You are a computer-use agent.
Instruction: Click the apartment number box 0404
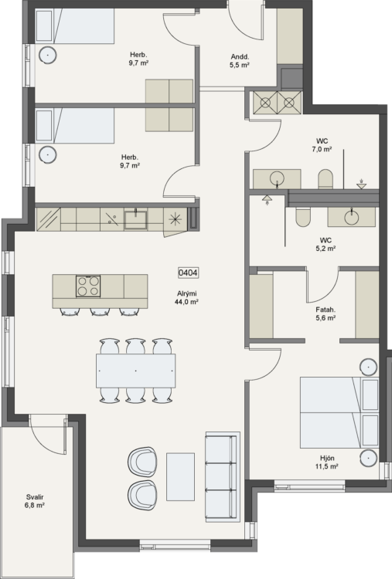[188, 273]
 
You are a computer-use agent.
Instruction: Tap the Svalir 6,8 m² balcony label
[35, 501]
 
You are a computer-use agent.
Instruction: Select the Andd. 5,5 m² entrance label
[240, 61]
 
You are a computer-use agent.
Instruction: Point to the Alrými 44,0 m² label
[187, 298]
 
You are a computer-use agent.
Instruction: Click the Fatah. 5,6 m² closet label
[326, 314]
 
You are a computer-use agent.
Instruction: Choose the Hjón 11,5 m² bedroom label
[327, 462]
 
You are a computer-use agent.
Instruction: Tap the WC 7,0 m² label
[322, 145]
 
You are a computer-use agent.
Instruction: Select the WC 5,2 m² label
[326, 245]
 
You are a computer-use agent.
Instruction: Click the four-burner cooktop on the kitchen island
[88, 286]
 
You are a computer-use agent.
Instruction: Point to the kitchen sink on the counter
[136, 219]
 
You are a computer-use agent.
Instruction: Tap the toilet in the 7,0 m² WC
[326, 179]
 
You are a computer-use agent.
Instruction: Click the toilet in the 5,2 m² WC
[303, 217]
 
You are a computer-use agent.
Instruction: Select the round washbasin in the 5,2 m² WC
[351, 217]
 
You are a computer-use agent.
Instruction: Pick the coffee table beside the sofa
[180, 476]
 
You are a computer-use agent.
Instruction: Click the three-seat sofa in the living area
[223, 477]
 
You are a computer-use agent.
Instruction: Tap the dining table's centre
[136, 371]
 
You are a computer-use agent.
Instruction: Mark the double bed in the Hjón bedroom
[339, 412]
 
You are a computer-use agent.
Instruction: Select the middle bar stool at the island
[100, 312]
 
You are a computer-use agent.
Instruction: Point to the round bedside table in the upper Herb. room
[48, 56]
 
